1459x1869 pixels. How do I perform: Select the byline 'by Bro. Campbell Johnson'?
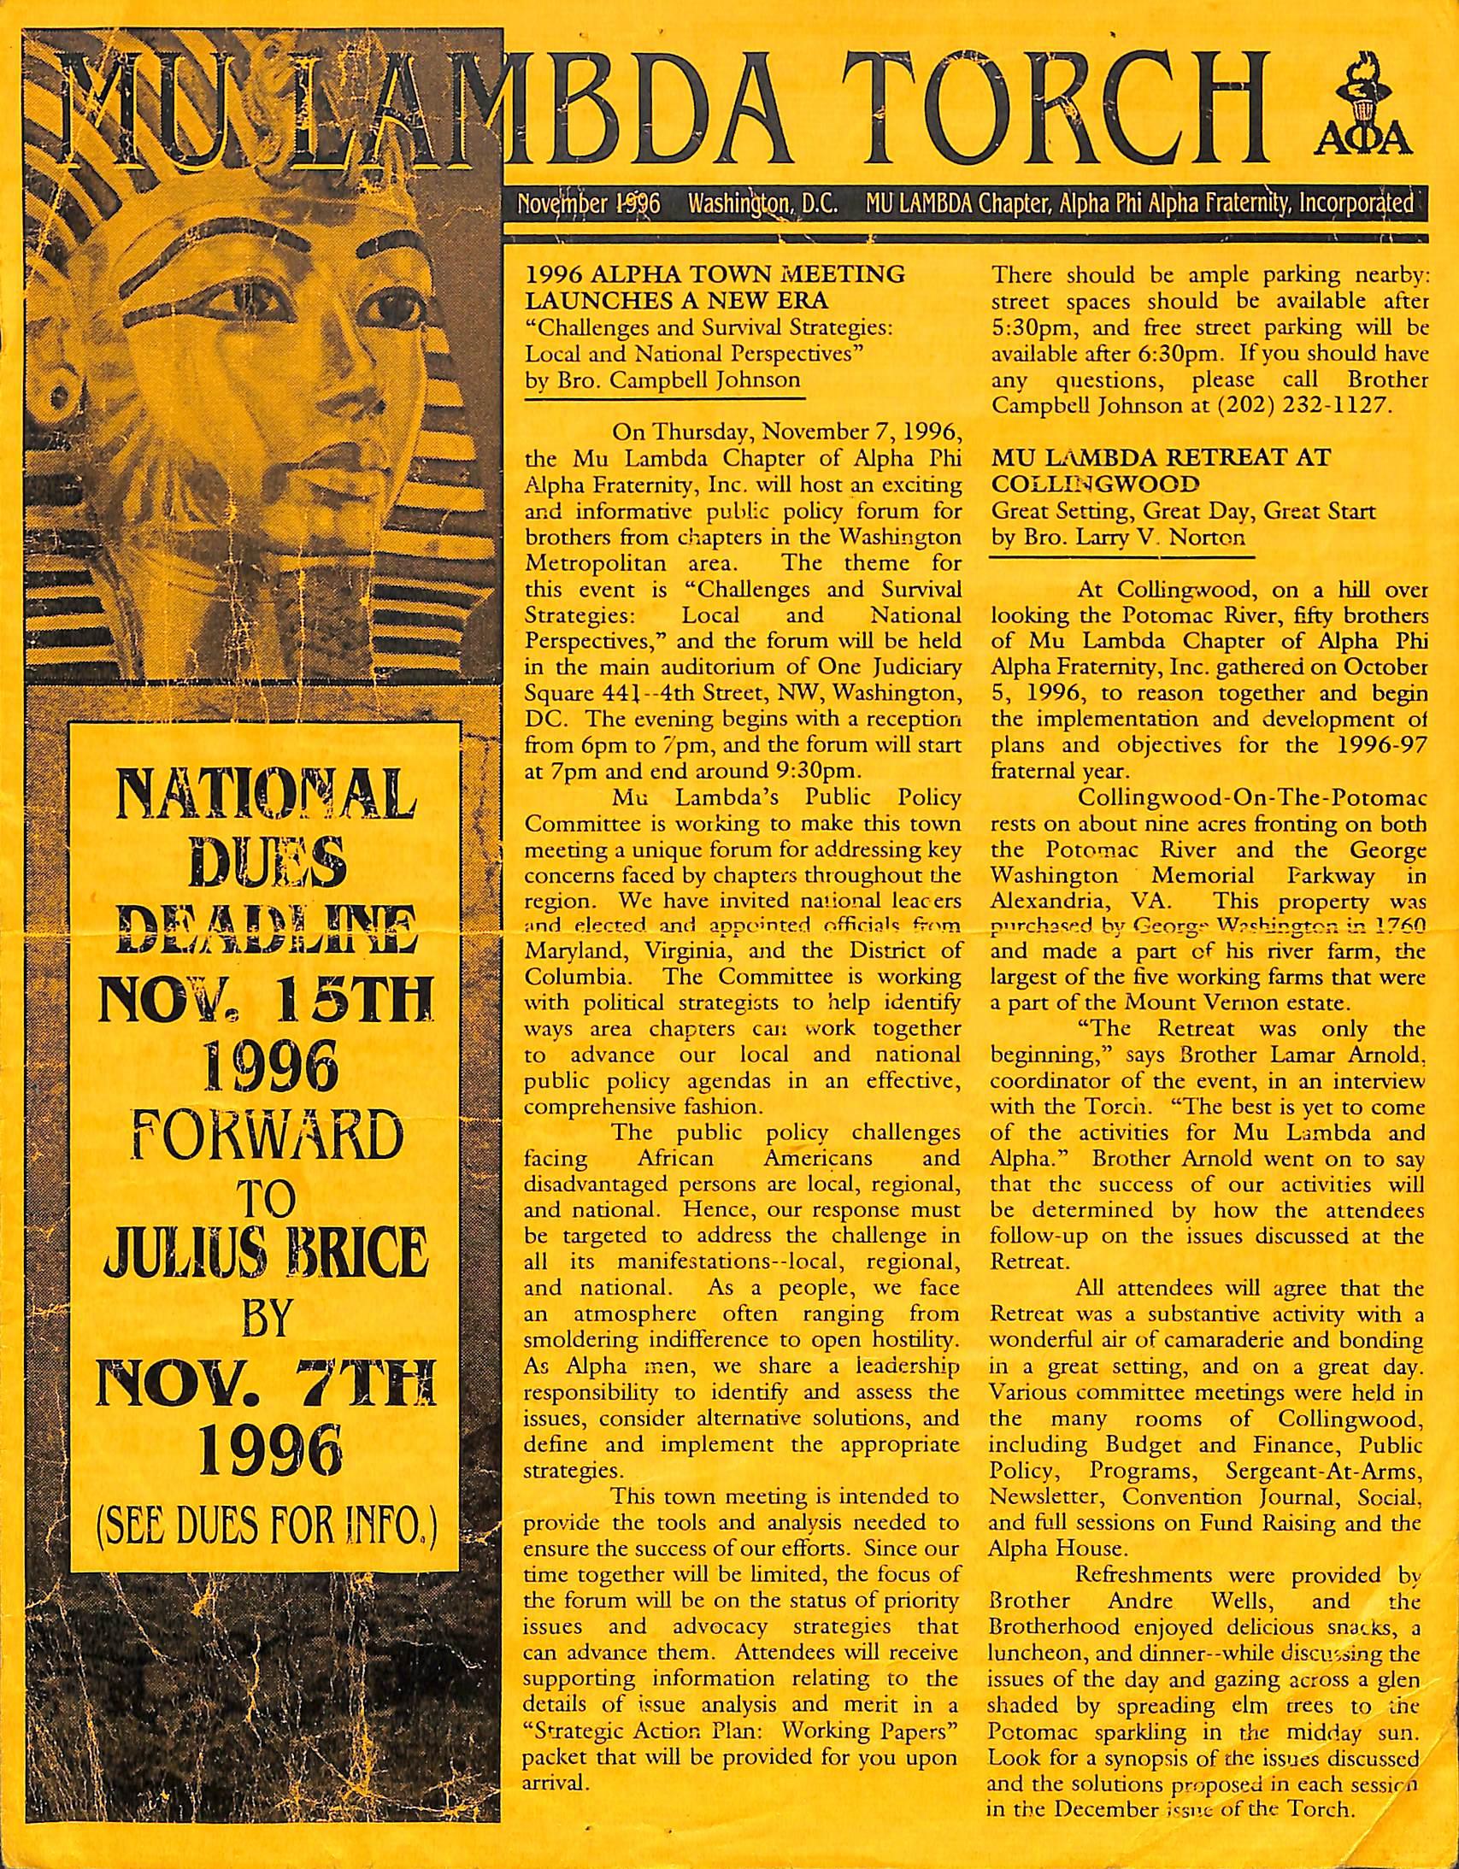(x=663, y=380)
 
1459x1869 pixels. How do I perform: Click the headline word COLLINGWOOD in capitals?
(x=1096, y=485)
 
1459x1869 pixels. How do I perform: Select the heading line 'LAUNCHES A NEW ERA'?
(x=676, y=300)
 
